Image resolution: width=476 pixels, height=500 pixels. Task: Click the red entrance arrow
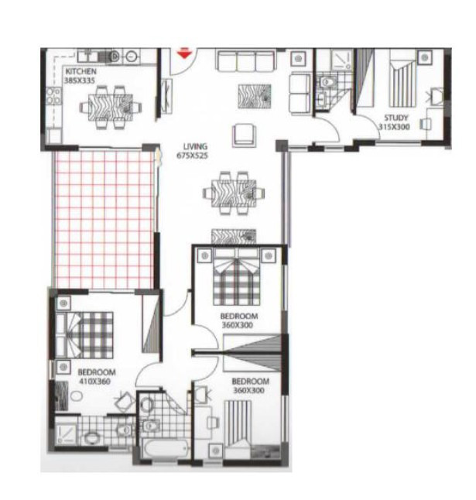click(184, 53)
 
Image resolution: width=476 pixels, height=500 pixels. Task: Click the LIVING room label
click(196, 146)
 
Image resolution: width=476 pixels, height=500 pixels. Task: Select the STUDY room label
click(396, 118)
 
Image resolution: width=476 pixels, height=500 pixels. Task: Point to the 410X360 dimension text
click(94, 382)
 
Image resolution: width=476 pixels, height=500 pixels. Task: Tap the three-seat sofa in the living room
click(246, 61)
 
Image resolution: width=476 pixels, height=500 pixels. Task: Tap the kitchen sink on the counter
click(109, 55)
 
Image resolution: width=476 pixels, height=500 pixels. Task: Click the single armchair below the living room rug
click(244, 133)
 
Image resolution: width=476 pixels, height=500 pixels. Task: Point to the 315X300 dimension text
click(394, 127)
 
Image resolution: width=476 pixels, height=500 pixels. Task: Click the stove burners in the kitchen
click(53, 97)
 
